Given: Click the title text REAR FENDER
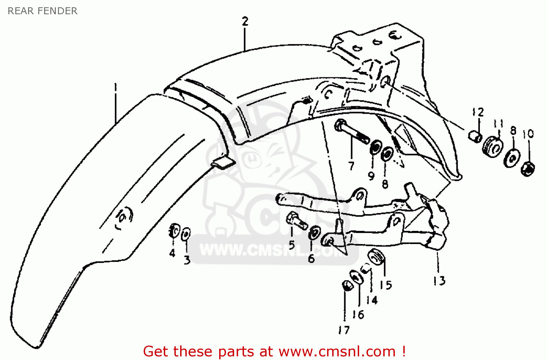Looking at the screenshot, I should click(42, 11).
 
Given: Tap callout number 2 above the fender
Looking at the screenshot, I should click(245, 22).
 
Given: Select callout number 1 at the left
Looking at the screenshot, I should click(116, 88).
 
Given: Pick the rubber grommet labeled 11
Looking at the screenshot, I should click(493, 146).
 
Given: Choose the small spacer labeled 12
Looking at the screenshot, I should click(474, 137).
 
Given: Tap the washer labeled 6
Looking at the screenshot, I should click(313, 233).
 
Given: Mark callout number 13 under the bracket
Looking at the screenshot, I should click(439, 280).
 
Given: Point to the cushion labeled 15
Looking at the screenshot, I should click(376, 257).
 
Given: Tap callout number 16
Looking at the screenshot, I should click(358, 314).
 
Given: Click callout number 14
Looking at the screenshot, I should click(372, 300).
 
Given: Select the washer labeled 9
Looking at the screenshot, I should click(375, 148).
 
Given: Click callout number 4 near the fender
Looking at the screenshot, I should click(172, 253).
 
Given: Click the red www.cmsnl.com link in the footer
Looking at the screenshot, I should click(337, 351).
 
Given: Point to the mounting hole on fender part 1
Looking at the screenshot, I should click(123, 217).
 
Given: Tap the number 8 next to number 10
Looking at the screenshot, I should click(513, 130).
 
